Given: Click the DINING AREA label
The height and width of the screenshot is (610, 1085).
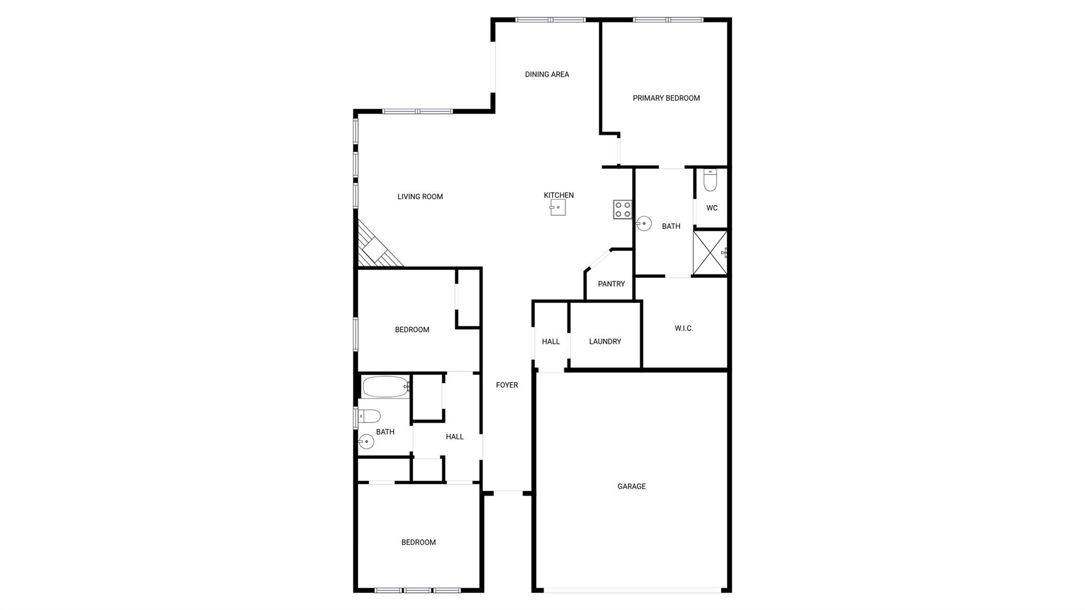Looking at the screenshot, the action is (x=547, y=74).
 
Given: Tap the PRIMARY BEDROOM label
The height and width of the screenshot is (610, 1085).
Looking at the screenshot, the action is (x=666, y=98).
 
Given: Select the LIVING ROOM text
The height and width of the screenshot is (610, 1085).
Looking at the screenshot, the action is (x=420, y=197).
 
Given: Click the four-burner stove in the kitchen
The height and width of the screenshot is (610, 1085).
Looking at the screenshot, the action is (x=622, y=209).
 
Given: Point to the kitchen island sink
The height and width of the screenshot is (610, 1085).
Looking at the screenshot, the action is (x=558, y=207).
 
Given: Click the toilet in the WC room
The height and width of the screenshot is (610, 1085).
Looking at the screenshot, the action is (x=710, y=180).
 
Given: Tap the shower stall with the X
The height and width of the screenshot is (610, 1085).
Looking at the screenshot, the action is (x=710, y=253).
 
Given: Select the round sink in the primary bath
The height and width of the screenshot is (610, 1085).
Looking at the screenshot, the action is (x=644, y=224).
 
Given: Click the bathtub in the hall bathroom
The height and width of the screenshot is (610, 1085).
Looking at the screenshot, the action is (x=386, y=386).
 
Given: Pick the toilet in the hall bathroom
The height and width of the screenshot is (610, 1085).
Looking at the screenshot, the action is (x=369, y=416).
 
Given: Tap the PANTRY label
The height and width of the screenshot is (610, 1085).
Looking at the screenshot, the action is (x=611, y=284).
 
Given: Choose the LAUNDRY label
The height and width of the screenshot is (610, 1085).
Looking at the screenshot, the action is (x=605, y=342).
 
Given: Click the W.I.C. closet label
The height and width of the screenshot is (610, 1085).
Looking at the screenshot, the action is (x=684, y=329).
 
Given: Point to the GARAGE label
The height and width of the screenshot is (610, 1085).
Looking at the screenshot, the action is (x=632, y=487).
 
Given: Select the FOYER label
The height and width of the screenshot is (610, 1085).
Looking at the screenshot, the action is (x=507, y=385).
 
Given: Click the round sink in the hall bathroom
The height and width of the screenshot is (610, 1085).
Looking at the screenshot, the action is (x=366, y=441).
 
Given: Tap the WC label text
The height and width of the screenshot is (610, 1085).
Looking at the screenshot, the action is (x=712, y=208).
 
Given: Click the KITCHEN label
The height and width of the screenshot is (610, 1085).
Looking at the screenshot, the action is (x=559, y=196).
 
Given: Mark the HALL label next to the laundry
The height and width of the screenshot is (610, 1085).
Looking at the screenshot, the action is (x=551, y=342).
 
